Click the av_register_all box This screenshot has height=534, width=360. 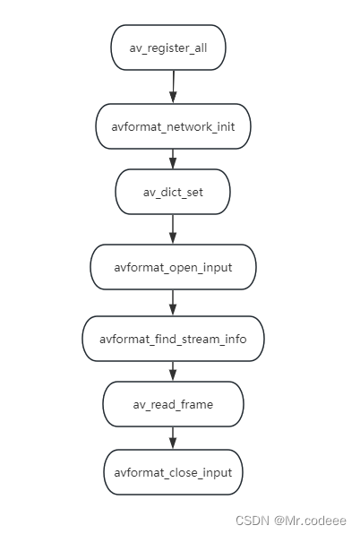[x=168, y=47]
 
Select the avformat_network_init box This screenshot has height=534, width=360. [x=173, y=125]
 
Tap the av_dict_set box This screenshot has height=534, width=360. [x=173, y=191]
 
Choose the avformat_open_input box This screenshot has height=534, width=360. [x=173, y=266]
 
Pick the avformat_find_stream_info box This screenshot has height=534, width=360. [x=173, y=339]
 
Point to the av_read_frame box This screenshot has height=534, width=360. [x=173, y=404]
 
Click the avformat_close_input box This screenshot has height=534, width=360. [x=173, y=471]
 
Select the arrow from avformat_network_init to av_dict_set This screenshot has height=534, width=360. [x=173, y=159]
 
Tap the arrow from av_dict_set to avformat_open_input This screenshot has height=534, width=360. [x=173, y=228]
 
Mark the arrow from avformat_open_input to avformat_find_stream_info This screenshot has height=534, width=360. [x=173, y=302]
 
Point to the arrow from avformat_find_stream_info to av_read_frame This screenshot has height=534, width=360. [x=173, y=371]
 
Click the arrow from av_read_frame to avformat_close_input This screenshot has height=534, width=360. [x=173, y=437]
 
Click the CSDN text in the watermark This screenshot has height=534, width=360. [x=253, y=520]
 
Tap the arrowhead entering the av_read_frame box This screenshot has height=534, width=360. [x=173, y=376]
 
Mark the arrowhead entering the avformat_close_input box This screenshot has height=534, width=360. [x=173, y=444]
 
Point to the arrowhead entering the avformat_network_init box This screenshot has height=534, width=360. [x=172, y=98]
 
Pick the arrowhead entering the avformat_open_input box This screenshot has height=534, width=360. [x=173, y=238]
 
